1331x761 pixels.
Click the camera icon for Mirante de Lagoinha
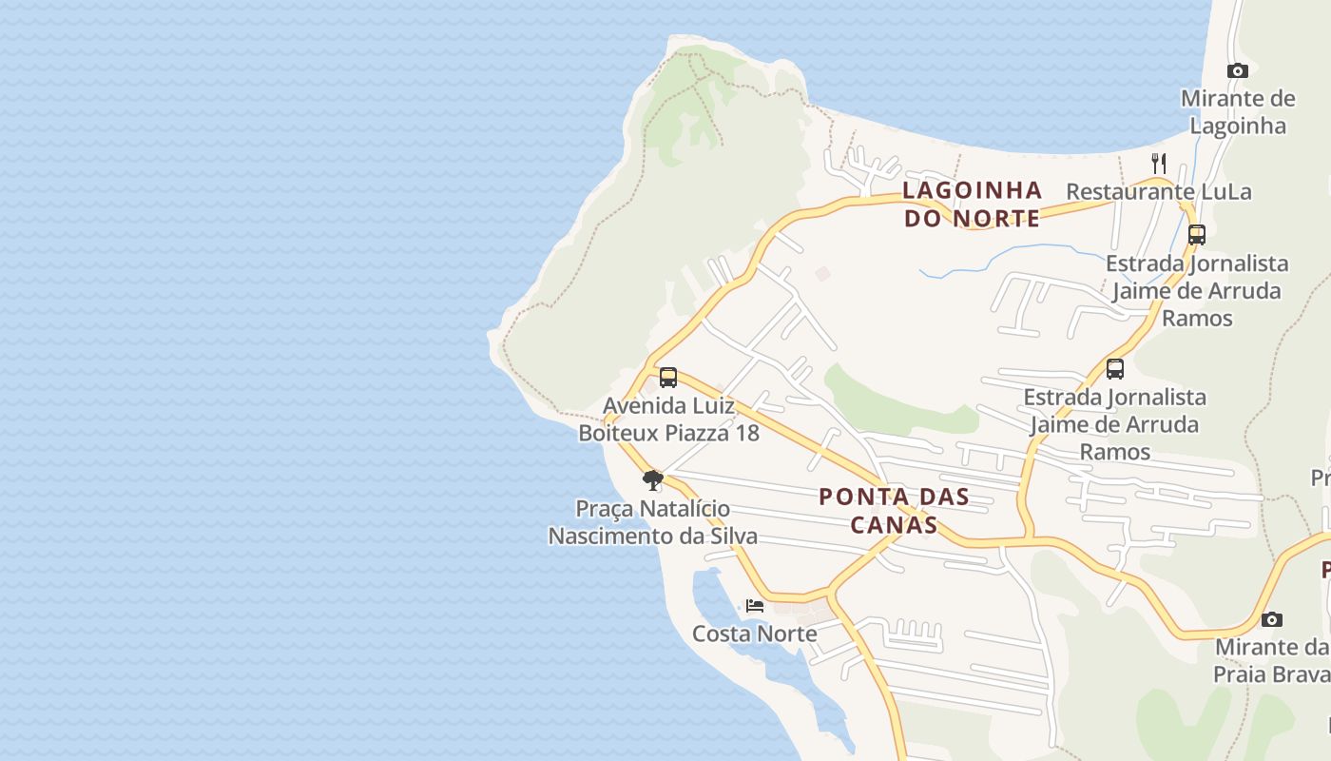1237,70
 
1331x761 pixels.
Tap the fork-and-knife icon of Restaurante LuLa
1158,163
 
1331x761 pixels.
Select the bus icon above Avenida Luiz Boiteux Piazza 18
668,378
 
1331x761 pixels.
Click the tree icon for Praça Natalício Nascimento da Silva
652,479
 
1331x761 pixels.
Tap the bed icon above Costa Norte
755,605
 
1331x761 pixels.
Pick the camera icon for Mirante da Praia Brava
1272,619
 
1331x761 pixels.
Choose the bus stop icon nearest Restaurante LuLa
1197,234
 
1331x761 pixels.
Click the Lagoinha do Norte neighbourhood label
972,204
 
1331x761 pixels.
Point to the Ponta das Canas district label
894,510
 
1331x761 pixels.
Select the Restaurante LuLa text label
1158,191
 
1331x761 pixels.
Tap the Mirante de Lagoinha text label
1237,112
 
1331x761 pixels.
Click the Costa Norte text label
754,634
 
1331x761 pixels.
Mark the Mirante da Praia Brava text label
1271,660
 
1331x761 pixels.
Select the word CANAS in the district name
894,524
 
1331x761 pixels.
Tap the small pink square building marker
822,274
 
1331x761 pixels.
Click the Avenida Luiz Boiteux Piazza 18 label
668,420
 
